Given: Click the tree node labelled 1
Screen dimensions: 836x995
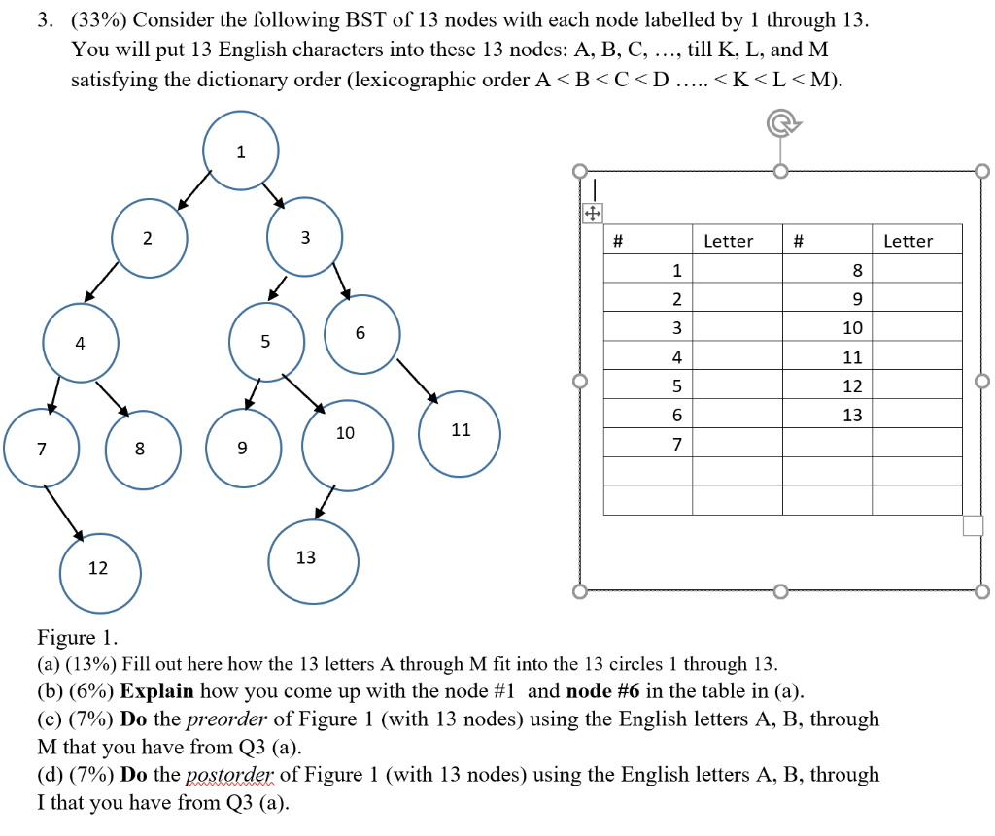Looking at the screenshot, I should pyautogui.click(x=240, y=152).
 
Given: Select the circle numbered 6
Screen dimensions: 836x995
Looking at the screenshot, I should pyautogui.click(x=361, y=334).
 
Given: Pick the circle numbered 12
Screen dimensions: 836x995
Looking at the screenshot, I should pyautogui.click(x=100, y=570).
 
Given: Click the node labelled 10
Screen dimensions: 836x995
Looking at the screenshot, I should pyautogui.click(x=347, y=446).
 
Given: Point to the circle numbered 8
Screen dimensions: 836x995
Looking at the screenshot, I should pyautogui.click(x=142, y=450).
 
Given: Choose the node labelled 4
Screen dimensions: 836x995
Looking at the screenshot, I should pyautogui.click(x=81, y=342).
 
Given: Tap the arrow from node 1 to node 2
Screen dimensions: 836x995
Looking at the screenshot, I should pyautogui.click(x=195, y=188).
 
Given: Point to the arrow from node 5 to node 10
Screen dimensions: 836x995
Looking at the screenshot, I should pyautogui.click(x=303, y=391).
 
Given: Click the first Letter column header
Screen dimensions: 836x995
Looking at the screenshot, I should pyautogui.click(x=728, y=241).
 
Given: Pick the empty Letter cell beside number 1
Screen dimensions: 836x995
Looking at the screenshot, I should pyautogui.click(x=737, y=269).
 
